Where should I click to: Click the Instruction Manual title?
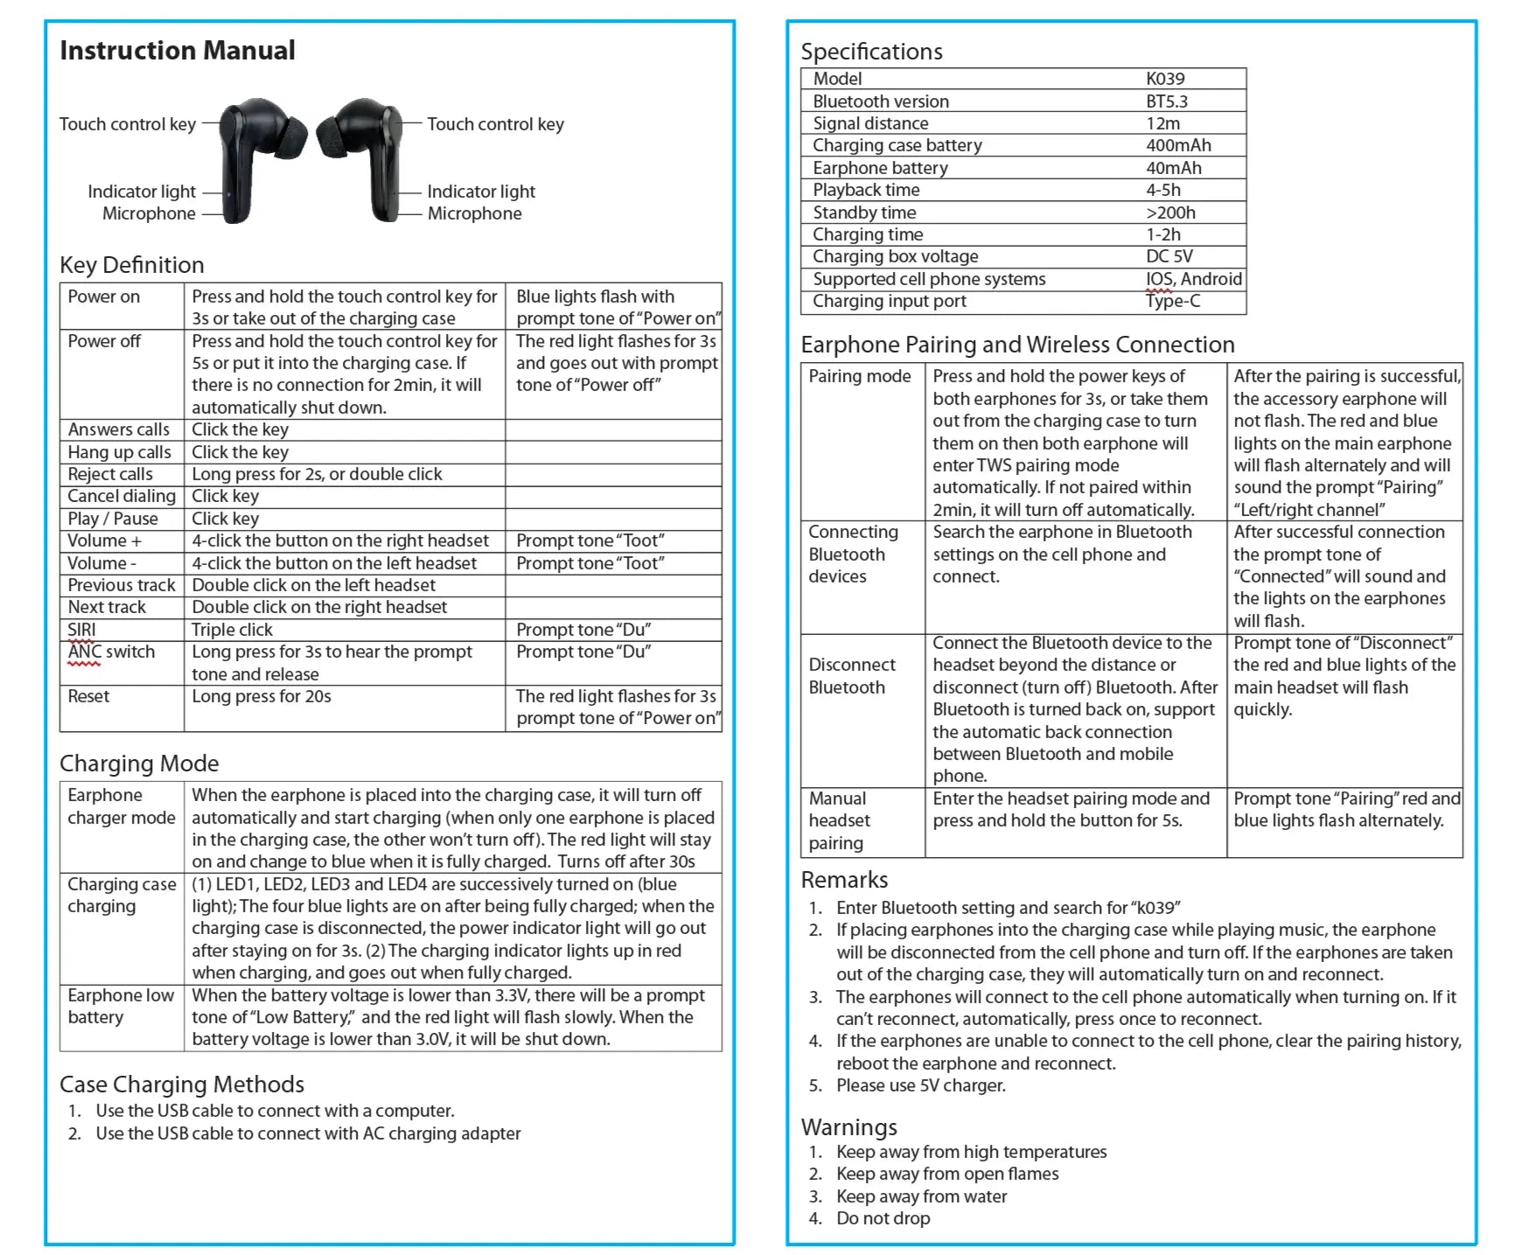click(x=178, y=51)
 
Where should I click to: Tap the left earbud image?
click(x=256, y=157)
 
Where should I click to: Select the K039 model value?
click(x=1165, y=79)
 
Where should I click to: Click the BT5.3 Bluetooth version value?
click(x=1167, y=101)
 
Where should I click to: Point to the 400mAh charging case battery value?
click(x=1178, y=145)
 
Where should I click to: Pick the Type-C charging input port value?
click(x=1173, y=301)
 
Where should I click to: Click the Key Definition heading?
click(x=132, y=265)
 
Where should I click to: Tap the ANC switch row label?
click(x=111, y=652)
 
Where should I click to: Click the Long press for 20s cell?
click(x=262, y=696)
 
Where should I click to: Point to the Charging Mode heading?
click(x=139, y=763)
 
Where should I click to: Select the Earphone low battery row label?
click(x=121, y=1006)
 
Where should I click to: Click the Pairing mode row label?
click(x=859, y=376)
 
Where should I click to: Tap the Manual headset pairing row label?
click(x=839, y=820)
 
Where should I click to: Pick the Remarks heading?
click(x=844, y=880)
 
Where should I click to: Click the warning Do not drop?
click(x=883, y=1218)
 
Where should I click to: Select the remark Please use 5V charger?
click(x=920, y=1085)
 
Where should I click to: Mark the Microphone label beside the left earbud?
click(x=149, y=213)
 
